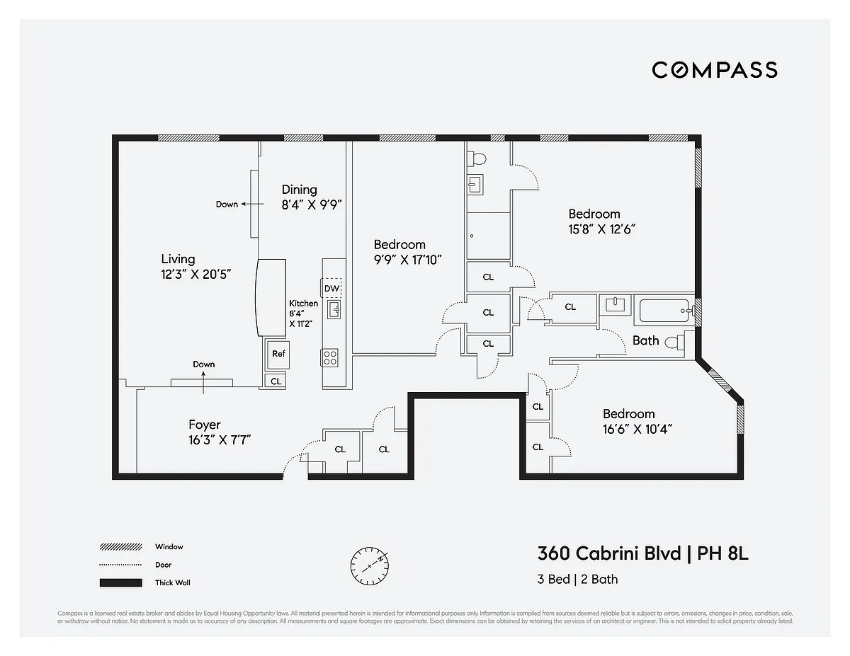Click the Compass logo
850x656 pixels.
tap(715, 69)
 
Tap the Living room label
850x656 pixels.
tap(178, 259)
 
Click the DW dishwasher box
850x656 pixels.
tap(332, 288)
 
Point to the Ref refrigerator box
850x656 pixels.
tap(278, 354)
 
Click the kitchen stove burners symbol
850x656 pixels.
tap(331, 357)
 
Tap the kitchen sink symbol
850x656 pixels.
tap(334, 309)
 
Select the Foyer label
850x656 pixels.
tap(204, 425)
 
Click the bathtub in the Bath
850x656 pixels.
tap(663, 309)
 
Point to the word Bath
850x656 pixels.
tap(645, 340)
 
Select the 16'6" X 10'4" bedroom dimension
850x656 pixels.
tap(637, 428)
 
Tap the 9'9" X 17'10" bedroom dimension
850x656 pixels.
tap(407, 260)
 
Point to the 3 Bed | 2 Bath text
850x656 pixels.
tap(577, 579)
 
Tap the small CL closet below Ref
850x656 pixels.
tap(276, 381)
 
